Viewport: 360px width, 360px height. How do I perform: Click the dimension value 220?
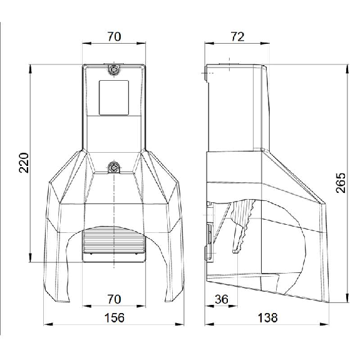24,163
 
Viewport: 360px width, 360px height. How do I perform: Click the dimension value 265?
341,183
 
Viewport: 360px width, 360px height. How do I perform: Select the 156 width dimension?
115,318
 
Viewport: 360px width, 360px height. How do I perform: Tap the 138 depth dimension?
268,318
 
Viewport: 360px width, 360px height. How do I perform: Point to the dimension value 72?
238,37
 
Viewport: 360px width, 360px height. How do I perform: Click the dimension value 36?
222,299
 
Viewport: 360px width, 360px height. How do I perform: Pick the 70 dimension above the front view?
114,37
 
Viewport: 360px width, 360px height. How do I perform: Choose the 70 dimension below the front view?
114,299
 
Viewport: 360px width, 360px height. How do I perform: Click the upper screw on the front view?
114,69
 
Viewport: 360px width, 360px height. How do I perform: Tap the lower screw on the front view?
114,167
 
